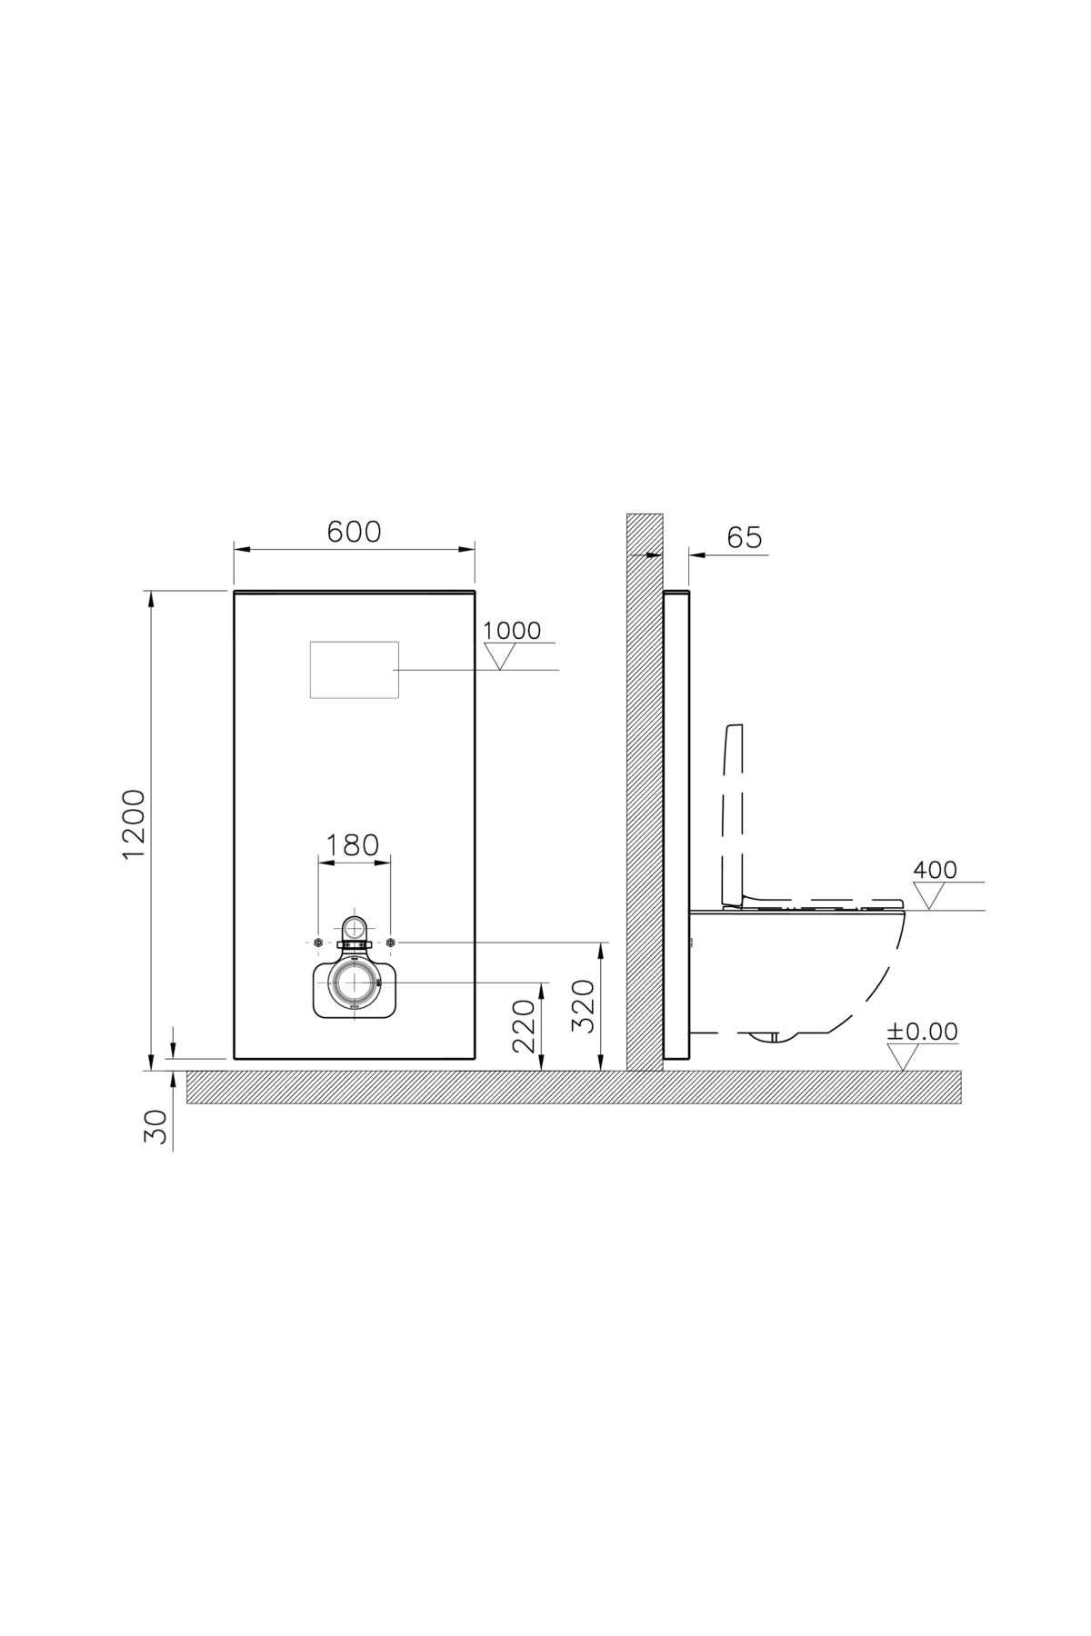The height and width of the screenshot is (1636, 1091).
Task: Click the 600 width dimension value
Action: tap(354, 533)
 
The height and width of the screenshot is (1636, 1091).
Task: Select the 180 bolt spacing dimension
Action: tap(353, 845)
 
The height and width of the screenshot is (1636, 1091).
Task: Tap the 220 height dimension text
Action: tap(525, 1025)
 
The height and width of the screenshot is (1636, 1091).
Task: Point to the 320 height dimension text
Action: tap(583, 1005)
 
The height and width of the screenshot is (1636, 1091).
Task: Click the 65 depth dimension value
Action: tap(744, 538)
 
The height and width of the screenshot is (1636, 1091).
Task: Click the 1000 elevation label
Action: tap(511, 630)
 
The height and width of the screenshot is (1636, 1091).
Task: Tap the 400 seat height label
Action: tap(935, 870)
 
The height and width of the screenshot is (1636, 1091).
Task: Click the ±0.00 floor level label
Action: tap(922, 1032)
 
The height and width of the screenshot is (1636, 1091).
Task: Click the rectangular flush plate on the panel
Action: tap(355, 670)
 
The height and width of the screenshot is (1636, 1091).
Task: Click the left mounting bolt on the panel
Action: tap(317, 943)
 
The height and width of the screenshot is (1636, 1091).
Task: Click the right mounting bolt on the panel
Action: tap(390, 943)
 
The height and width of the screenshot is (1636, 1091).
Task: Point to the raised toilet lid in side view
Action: tap(734, 809)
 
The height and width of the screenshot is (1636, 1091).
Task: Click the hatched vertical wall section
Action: tap(645, 791)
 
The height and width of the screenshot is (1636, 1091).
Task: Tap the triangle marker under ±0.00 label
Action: tap(902, 1058)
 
